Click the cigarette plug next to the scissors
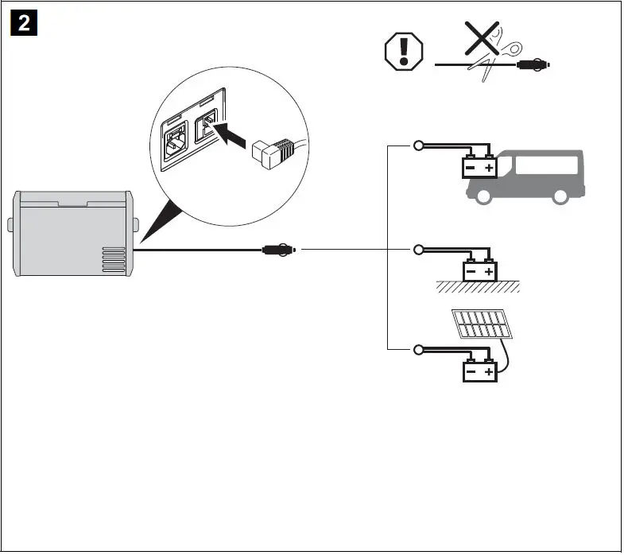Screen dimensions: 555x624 (532, 64)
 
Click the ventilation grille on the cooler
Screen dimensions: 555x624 (114, 260)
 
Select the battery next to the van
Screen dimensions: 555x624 (480, 167)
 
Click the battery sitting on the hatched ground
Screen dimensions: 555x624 (480, 271)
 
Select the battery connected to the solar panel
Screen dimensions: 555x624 (480, 371)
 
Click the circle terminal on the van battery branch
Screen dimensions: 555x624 (418, 146)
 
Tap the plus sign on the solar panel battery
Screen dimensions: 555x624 (490, 371)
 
